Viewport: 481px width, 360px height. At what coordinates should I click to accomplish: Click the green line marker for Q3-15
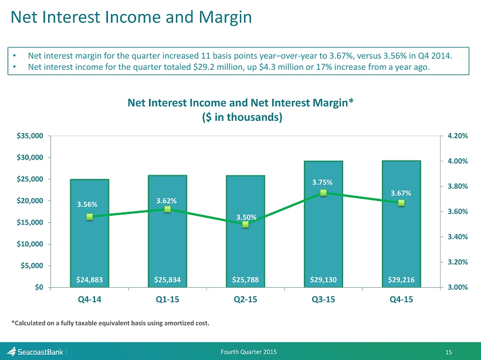323,192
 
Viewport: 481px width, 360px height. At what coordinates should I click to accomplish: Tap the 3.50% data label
245,218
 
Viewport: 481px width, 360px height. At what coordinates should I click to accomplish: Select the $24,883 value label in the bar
90,280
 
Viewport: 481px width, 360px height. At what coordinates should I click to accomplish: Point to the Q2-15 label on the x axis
245,299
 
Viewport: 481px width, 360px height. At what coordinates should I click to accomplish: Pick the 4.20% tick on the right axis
457,135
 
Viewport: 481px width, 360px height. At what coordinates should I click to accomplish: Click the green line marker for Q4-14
90,216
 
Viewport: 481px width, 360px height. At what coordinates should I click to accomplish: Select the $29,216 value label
401,280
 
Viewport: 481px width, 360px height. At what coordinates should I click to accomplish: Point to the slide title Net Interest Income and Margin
131,18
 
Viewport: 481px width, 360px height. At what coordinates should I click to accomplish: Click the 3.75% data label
323,182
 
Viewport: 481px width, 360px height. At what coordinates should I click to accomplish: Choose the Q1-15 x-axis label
168,299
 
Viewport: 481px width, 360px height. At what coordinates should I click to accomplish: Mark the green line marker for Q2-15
245,224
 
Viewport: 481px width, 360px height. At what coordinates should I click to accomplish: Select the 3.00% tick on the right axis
457,287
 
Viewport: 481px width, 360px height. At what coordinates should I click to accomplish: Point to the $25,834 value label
168,280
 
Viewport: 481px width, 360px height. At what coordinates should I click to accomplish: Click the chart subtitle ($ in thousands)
240,117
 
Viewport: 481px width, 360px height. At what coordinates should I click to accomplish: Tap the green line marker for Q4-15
401,203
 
